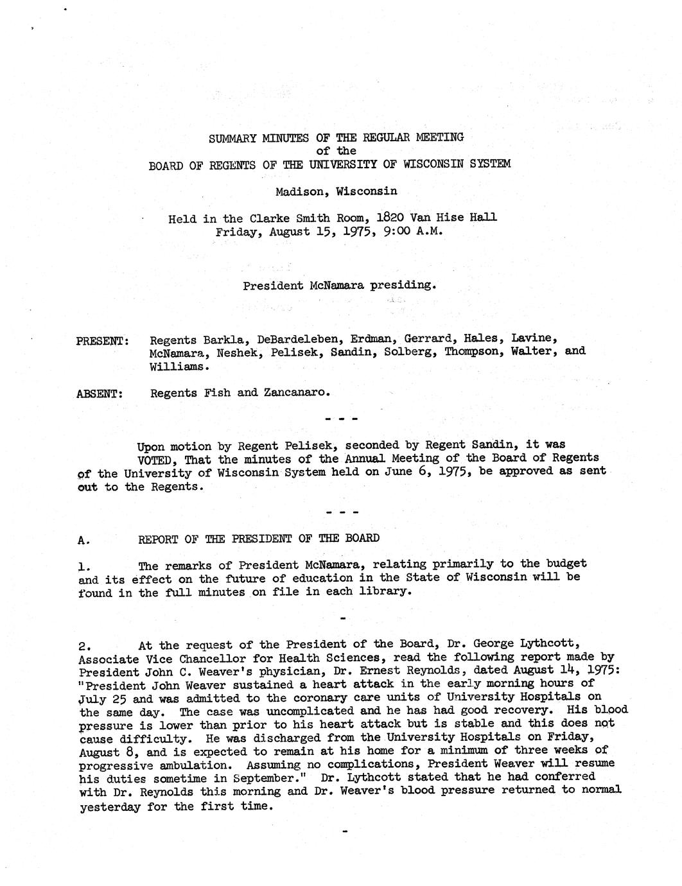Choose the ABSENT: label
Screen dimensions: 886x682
pyautogui.click(x=100, y=393)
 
